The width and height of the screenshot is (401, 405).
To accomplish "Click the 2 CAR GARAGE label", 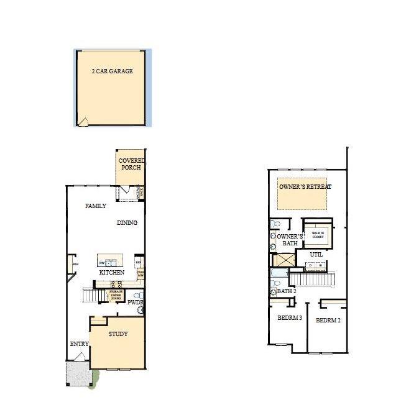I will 113,71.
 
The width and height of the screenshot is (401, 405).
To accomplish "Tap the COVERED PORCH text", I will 131,164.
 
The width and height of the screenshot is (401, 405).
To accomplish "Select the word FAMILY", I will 95,206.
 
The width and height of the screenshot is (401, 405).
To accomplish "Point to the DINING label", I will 127,223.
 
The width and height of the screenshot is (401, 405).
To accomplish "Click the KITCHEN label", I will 112,272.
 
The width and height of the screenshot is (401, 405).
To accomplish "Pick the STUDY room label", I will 118,334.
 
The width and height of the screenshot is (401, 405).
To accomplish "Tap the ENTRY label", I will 79,344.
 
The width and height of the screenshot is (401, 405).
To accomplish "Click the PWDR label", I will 136,303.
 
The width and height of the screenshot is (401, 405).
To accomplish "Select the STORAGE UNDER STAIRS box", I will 116,295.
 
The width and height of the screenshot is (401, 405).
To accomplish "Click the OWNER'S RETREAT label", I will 305,187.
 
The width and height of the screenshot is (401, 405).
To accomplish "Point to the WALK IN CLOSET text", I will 318,234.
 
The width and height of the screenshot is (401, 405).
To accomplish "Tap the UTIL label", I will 317,255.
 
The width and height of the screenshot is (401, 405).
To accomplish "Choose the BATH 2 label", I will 286,291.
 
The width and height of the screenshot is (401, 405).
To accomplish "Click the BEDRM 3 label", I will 289,318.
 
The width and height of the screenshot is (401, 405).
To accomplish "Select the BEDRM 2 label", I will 328,321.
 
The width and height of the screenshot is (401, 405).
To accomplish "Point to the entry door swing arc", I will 80,356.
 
